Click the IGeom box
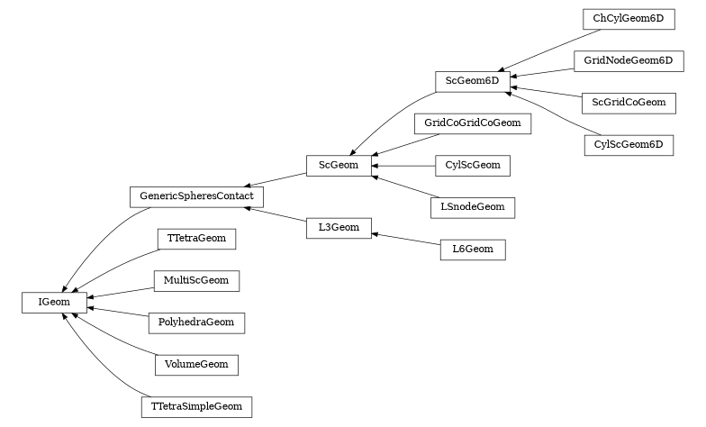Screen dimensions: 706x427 [54, 303]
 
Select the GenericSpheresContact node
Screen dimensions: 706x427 [196, 196]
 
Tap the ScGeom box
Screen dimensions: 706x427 [339, 166]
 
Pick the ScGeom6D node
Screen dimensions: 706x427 [472, 81]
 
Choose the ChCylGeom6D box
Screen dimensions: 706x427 [629, 19]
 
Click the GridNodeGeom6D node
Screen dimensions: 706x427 [629, 61]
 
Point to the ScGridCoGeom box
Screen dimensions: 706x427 [629, 103]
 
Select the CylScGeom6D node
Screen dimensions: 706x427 [629, 145]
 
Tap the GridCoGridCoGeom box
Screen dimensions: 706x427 [472, 123]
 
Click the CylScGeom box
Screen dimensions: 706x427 [472, 166]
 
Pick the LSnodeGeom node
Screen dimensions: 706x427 [472, 207]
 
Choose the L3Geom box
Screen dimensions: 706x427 [339, 228]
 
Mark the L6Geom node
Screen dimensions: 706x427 [473, 250]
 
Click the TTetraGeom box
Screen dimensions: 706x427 [196, 239]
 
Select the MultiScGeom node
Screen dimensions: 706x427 [196, 281]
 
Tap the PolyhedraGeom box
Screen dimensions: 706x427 [196, 323]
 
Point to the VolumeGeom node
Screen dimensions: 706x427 [196, 365]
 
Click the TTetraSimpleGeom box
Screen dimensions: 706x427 [196, 407]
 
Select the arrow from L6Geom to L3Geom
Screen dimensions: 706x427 [405, 239]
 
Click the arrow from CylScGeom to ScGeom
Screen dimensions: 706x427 [403, 166]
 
